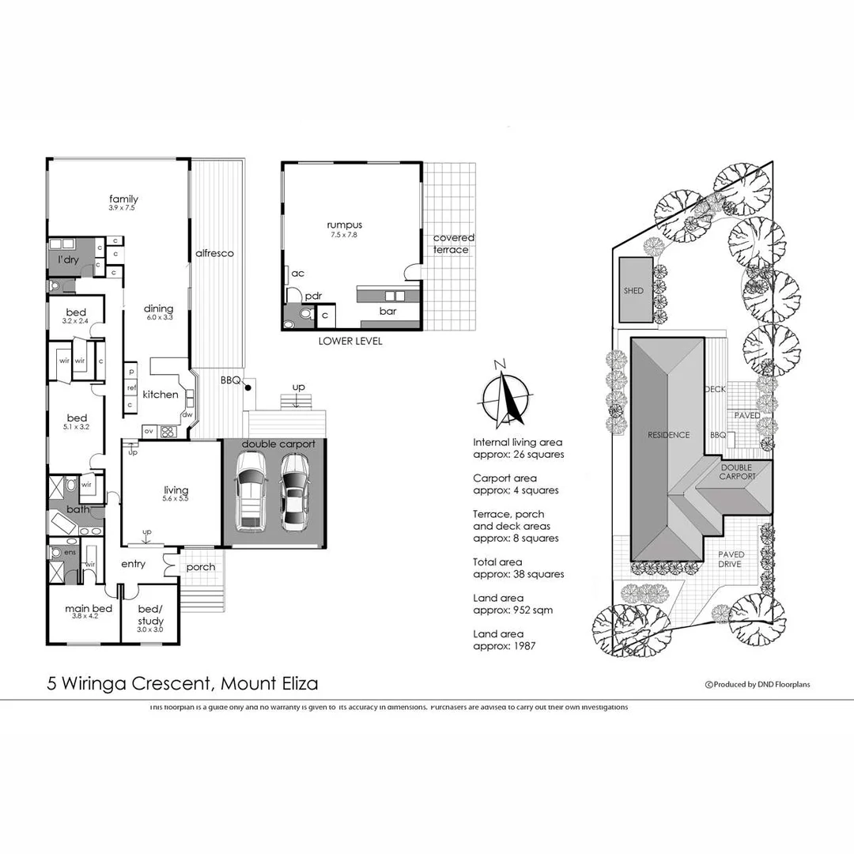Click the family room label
pos(123,199)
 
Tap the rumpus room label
pos(345,225)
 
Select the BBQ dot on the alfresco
pos(248,387)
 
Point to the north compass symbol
pos(502,395)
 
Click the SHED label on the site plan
pos(633,290)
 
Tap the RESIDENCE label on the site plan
pos(669,435)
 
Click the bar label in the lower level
pos(387,312)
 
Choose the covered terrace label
pos(453,244)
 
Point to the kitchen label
pos(161,394)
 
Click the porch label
pos(201,567)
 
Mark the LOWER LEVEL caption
pos(350,341)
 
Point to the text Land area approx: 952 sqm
pos(513,604)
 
